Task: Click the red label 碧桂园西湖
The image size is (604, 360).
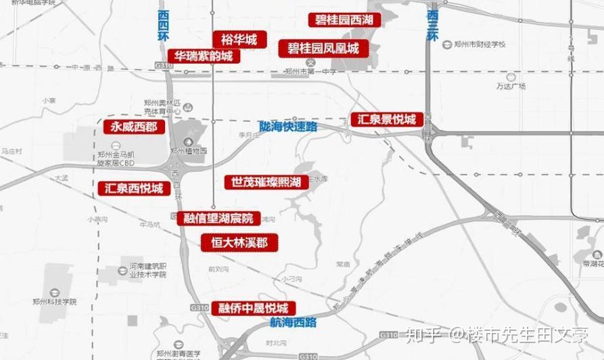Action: [344, 20]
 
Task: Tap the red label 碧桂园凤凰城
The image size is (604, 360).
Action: [323, 48]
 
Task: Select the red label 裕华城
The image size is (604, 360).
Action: [235, 40]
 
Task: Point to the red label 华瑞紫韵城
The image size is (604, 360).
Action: [204, 56]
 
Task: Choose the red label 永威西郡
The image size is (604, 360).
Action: [134, 127]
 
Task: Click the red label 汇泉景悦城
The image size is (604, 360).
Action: [387, 120]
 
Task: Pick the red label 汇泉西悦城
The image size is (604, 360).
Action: [135, 188]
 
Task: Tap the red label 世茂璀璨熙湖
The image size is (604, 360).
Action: [266, 182]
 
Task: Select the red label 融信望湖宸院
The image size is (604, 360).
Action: [218, 219]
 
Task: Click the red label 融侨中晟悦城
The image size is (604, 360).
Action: [253, 308]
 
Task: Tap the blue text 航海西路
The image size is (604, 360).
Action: [293, 321]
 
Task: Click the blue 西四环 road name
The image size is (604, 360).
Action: [163, 26]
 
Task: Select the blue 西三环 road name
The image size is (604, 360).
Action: [433, 25]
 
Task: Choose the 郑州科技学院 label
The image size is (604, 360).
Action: [54, 302]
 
